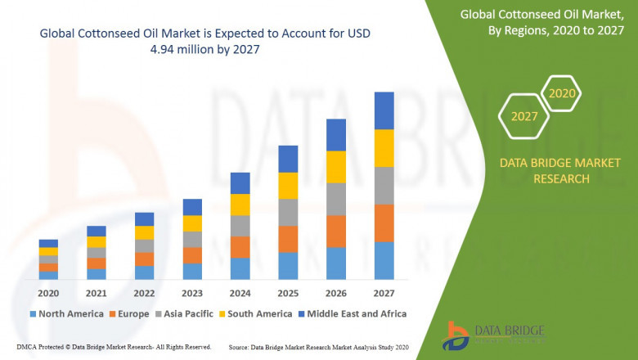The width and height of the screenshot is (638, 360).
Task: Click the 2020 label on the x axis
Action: coord(48,293)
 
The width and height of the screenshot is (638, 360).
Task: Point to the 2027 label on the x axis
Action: coord(384,293)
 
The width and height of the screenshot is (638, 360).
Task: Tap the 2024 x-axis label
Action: coord(240,293)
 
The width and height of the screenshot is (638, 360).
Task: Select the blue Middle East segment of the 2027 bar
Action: coord(384,110)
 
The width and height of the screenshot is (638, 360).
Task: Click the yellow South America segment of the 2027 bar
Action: coord(384,148)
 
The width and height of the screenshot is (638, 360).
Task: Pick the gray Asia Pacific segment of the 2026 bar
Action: coord(335,199)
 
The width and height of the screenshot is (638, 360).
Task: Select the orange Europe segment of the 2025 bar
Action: coord(288,239)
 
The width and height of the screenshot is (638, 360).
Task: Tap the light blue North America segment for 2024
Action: coord(240,268)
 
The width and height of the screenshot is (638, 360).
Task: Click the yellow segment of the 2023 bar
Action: coord(192,223)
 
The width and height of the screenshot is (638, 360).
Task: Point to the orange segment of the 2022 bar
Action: coord(144,259)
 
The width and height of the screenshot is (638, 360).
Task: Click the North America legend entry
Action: coord(66,313)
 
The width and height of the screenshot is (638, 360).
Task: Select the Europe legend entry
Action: coord(128,313)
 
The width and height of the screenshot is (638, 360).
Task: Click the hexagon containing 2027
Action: coord(524,116)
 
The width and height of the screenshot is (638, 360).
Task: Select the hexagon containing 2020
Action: coord(562,94)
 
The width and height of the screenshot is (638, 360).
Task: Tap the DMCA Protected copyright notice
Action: coord(107,347)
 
